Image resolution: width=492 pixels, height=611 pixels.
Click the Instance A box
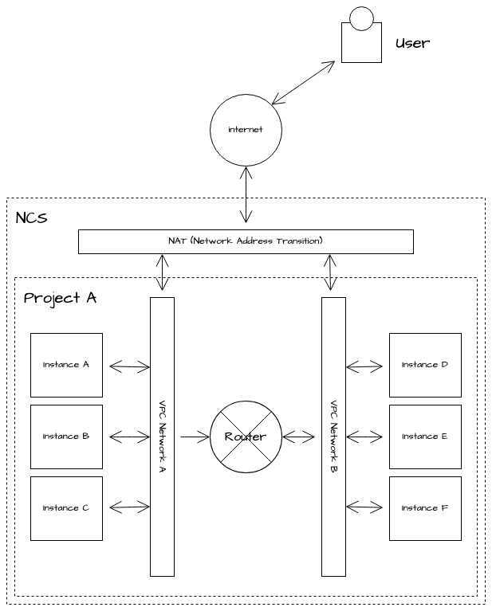pos(66,365)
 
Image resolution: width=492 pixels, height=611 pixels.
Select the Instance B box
pos(66,437)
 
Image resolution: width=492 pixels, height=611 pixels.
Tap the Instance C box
pos(66,508)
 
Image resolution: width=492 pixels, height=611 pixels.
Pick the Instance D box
pos(425,365)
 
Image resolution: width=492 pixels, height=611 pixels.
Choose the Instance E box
pos(425,437)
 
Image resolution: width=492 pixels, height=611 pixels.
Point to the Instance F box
pos(425,508)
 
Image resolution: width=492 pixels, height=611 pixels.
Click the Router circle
pos(246,437)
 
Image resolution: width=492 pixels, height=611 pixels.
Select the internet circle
pos(246,130)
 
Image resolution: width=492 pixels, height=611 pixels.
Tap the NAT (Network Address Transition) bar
pos(246,241)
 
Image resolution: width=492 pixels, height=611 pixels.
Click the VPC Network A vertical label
pos(162,437)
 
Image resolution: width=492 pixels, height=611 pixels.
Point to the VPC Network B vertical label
pos(333,437)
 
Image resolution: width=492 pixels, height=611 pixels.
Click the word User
pos(412,43)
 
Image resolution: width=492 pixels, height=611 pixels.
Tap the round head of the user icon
pos(362,18)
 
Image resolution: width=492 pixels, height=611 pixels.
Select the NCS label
pos(31,217)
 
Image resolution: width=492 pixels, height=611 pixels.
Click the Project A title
pos(60,298)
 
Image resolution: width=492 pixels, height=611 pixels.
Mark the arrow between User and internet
pos(303,82)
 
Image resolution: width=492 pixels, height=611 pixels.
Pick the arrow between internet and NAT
pos(246,194)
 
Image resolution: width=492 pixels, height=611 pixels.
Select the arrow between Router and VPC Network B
pos(299,437)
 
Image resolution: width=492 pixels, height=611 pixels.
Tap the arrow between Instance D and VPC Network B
pos(364,366)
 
